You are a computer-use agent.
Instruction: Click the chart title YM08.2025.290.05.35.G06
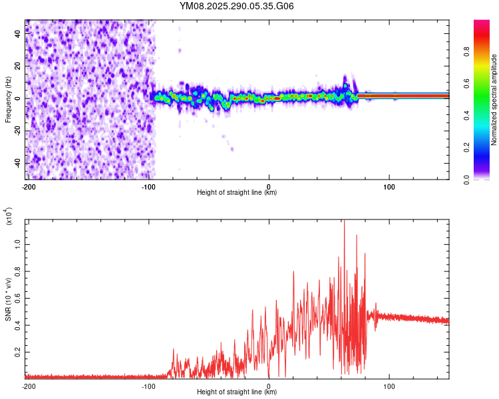pyautogui.click(x=237, y=7)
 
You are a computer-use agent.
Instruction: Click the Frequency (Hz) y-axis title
pyautogui.click(x=8, y=100)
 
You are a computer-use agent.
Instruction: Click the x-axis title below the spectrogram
pyautogui.click(x=237, y=194)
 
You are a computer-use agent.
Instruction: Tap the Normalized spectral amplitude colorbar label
pyautogui.click(x=494, y=100)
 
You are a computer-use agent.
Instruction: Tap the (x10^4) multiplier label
pyautogui.click(x=9, y=217)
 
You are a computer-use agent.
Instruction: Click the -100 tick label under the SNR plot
pyautogui.click(x=148, y=386)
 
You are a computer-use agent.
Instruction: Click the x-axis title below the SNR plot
pyautogui.click(x=237, y=392)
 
